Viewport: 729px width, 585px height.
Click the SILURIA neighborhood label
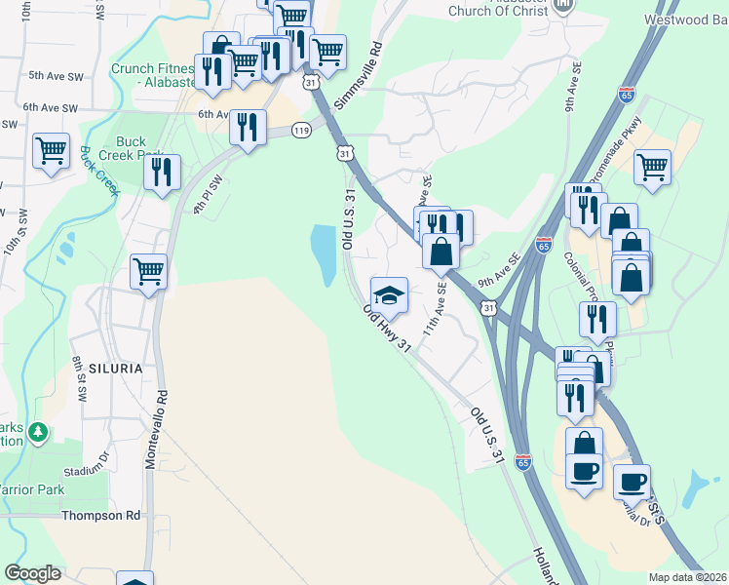coord(115,369)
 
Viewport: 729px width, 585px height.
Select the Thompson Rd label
coord(100,515)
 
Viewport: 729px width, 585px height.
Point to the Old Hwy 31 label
coord(387,329)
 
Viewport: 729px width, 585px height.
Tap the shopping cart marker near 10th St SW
coord(51,151)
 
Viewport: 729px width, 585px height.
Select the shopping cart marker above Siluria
coord(148,271)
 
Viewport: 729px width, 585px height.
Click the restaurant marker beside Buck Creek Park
coord(162,173)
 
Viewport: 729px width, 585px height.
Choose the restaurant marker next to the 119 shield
coord(249,127)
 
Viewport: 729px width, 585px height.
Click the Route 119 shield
coord(301,130)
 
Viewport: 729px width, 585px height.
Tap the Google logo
coord(32,573)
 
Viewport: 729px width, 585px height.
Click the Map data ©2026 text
coord(688,577)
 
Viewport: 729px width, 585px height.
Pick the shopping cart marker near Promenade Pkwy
coord(652,168)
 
